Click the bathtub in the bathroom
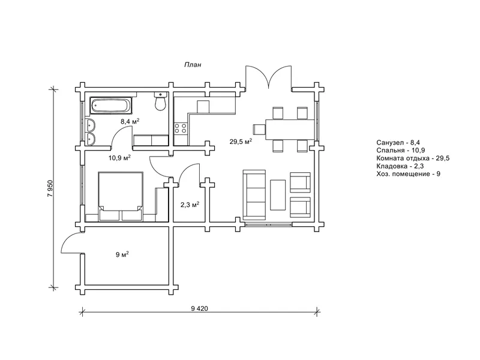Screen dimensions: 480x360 tap(112, 106)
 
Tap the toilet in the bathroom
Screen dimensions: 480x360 tap(160, 101)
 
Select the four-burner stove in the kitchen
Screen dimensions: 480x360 tap(181, 128)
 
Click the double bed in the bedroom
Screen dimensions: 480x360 tap(121, 196)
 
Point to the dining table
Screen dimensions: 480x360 tap(290, 129)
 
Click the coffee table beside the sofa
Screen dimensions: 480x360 tap(278, 195)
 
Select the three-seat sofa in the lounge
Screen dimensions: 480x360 tap(254, 195)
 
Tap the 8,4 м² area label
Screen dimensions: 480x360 tap(130, 121)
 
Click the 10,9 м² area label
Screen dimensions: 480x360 tap(119, 158)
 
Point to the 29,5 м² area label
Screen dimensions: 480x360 tap(241, 141)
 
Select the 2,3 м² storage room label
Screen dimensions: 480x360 tap(190, 205)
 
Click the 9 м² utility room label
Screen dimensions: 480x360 tap(122, 254)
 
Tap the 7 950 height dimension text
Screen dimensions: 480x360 tap(50, 188)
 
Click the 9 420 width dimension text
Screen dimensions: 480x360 tap(199, 308)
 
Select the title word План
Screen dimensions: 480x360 tap(193, 65)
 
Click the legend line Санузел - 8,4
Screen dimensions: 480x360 tap(398, 142)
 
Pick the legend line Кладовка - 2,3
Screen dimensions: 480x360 tap(400, 166)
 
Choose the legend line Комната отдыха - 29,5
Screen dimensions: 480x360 tap(413, 158)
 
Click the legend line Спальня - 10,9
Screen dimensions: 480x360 tap(400, 151)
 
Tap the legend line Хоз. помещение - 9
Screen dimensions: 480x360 tap(409, 174)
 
